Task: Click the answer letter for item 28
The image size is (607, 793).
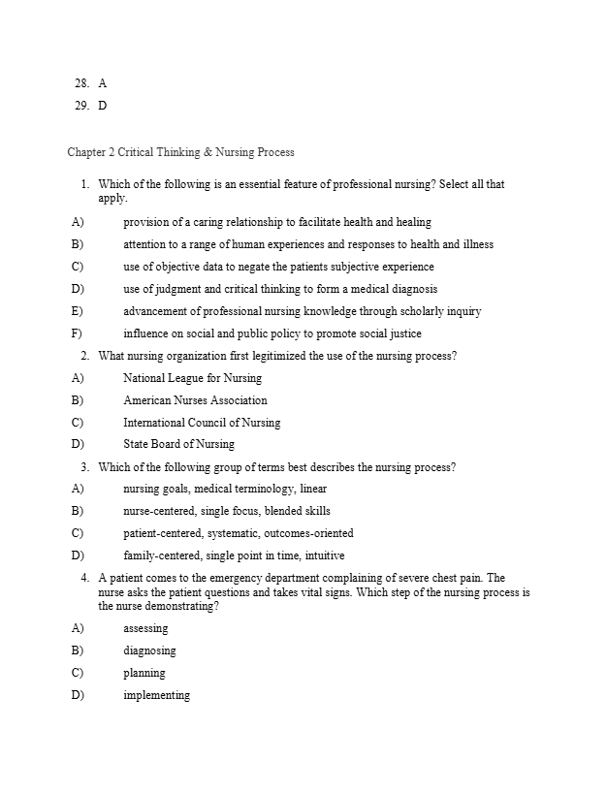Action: [103, 84]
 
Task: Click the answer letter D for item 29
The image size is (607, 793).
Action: [103, 106]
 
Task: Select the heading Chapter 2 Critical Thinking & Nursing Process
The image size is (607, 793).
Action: [180, 152]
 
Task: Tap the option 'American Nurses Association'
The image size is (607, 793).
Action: [195, 400]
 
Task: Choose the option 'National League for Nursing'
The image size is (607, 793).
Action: [192, 378]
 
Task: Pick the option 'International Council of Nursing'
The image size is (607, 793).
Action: [202, 423]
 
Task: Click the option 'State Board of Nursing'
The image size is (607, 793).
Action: [178, 444]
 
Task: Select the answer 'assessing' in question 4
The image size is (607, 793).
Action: [145, 628]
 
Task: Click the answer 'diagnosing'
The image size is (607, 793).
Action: [149, 650]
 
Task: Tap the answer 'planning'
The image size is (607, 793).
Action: [144, 673]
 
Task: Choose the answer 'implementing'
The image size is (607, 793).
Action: [156, 695]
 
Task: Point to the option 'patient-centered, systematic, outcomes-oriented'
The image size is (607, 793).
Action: [238, 533]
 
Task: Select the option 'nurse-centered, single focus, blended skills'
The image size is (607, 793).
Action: [226, 511]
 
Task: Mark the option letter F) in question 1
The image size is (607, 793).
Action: [77, 333]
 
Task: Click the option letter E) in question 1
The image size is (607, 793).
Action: [77, 311]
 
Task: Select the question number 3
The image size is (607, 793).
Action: [85, 467]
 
